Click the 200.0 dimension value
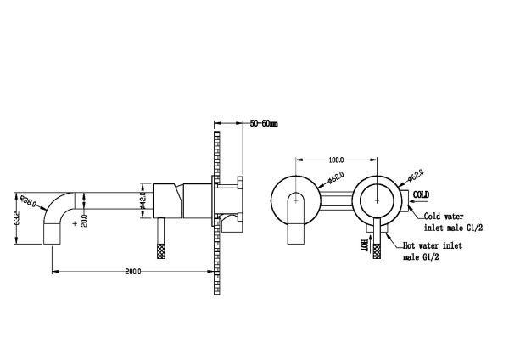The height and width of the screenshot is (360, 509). [x=131, y=271]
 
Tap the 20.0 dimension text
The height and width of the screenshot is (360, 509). [x=96, y=220]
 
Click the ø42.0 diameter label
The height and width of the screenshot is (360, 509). [x=144, y=201]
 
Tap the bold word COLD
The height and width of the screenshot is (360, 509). [x=422, y=195]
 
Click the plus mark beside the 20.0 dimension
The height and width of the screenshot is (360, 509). [x=78, y=223]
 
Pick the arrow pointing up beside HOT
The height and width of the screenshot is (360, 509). [x=378, y=246]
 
